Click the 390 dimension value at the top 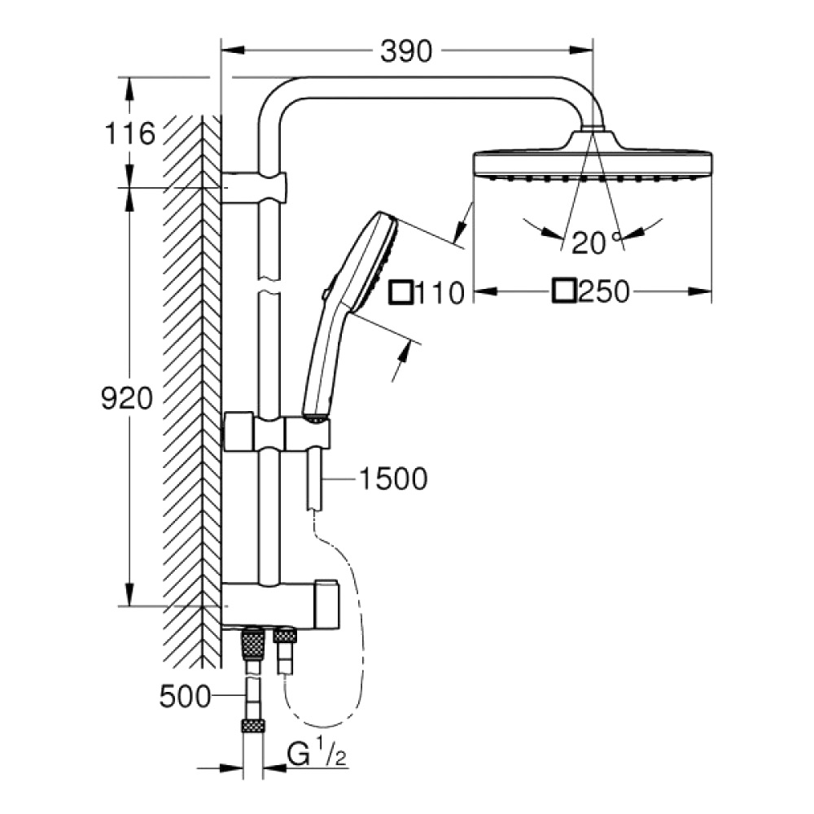406,51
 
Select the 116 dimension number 129,133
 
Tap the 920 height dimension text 127,399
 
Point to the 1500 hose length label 393,479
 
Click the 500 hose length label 186,697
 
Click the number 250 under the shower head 604,291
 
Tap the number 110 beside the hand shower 440,293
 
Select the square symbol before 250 564,291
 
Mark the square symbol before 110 401,292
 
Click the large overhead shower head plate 593,163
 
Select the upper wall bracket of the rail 254,187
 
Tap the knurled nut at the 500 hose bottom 253,726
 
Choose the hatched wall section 192,392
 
